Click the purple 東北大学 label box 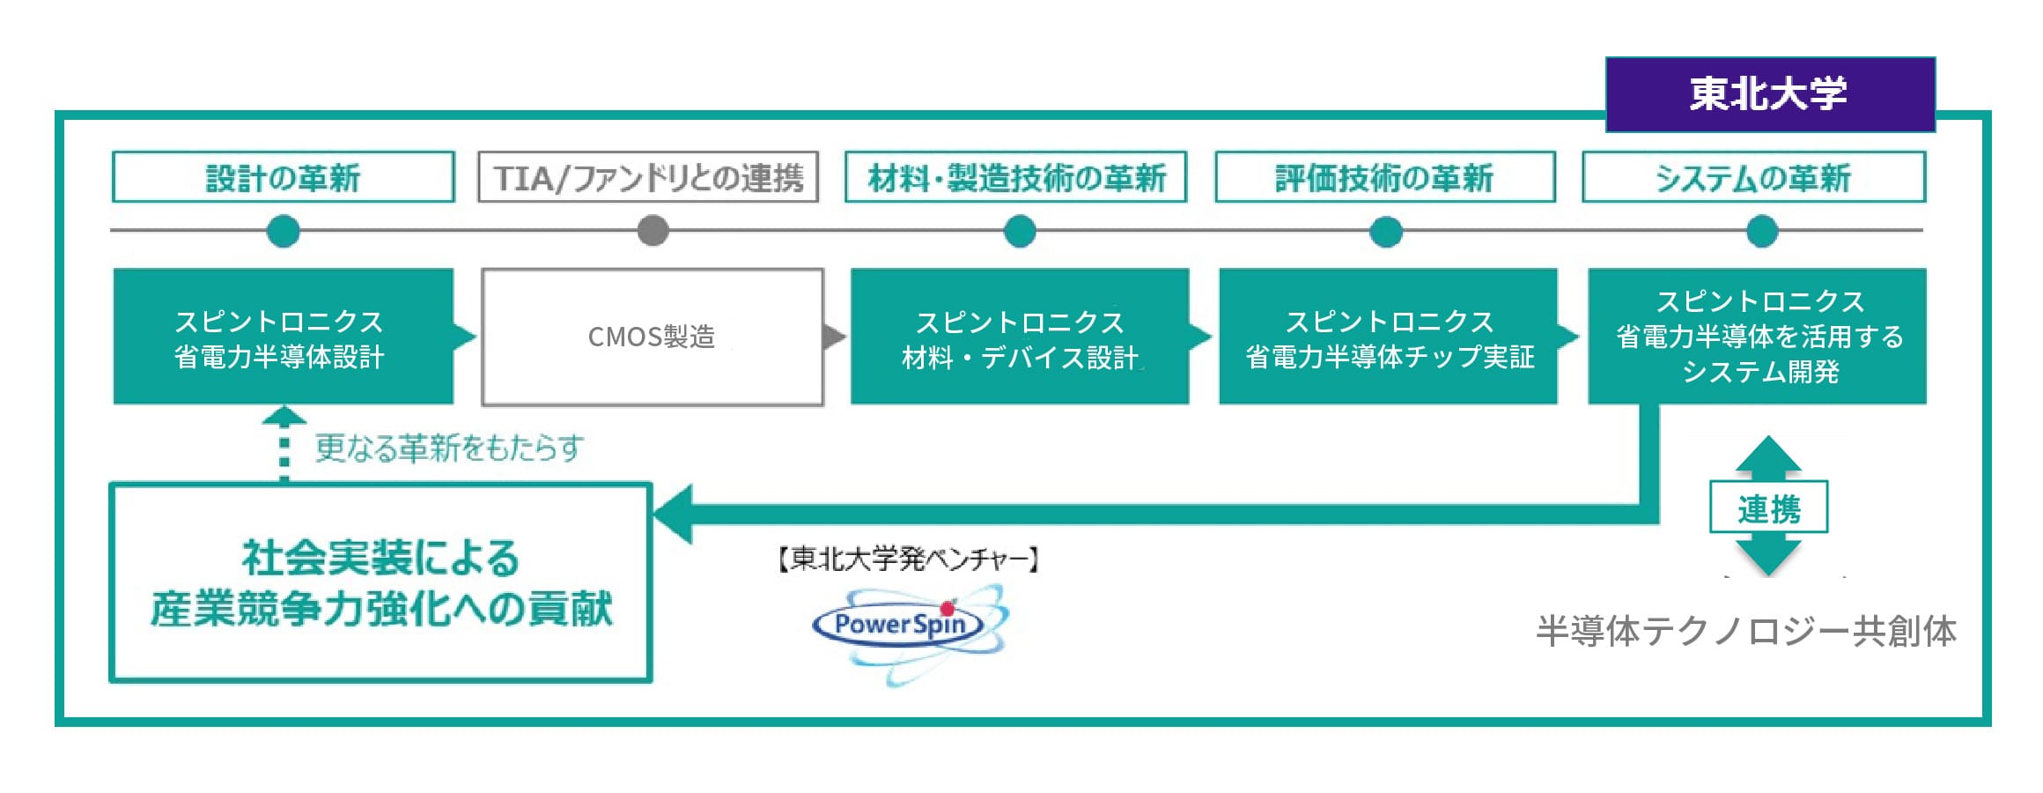(1769, 94)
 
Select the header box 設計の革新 (283, 177)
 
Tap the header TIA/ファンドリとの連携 (648, 177)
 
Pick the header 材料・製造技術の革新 (1016, 177)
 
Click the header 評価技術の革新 (1384, 177)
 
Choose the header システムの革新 (1753, 177)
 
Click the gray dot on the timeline (653, 231)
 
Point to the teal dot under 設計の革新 (283, 231)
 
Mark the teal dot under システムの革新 (1762, 231)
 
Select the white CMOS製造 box (652, 337)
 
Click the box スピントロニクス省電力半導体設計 (283, 337)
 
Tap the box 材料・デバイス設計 (1020, 337)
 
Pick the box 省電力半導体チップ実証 (1388, 337)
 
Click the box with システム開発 (1758, 337)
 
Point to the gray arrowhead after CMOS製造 (833, 337)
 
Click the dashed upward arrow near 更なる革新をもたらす (284, 445)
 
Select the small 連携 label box (1768, 508)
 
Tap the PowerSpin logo (907, 627)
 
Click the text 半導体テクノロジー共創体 (1745, 631)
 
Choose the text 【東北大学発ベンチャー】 (907, 559)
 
